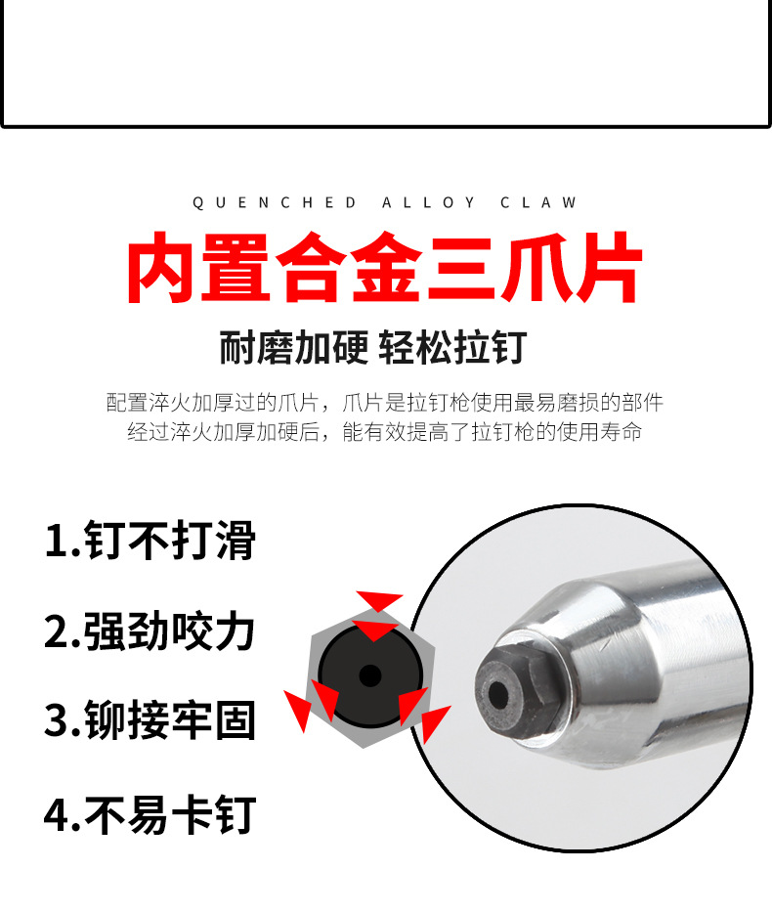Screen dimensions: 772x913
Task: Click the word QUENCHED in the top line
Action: click(x=275, y=202)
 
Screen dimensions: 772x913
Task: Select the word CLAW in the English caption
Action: click(x=538, y=202)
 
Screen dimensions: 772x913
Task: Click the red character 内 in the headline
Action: click(x=160, y=268)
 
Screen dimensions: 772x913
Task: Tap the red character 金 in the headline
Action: click(x=387, y=268)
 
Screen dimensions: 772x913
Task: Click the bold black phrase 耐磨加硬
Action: click(x=294, y=348)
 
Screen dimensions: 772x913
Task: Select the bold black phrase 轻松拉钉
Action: click(x=453, y=348)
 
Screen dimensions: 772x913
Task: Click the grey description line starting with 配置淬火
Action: click(x=385, y=403)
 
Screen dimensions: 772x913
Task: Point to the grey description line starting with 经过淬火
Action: click(x=385, y=432)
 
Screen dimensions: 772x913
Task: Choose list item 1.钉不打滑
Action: click(x=150, y=541)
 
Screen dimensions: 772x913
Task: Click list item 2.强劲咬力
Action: click(x=150, y=631)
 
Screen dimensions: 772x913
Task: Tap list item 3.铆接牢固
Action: click(x=150, y=720)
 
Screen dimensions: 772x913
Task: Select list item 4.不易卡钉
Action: click(x=150, y=814)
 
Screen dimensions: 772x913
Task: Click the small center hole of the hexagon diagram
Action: click(x=370, y=676)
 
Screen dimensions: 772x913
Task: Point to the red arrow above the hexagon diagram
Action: click(x=379, y=601)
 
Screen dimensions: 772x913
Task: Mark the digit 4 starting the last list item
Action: click(x=57, y=815)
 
